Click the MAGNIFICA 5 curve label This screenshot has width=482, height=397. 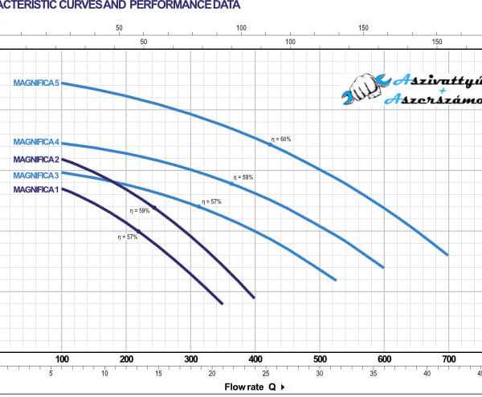tap(36, 83)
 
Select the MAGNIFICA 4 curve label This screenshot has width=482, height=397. tap(36, 144)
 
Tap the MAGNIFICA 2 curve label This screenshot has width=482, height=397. tap(36, 160)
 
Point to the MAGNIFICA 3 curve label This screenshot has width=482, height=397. tap(36, 175)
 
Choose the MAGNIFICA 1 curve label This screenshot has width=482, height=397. tap(36, 189)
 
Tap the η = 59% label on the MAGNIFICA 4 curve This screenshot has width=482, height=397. tap(243, 176)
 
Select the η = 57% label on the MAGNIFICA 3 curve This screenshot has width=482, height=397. tap(211, 201)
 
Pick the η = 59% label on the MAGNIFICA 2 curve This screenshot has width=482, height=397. tap(140, 211)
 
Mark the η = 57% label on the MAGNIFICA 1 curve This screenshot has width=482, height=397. tap(128, 237)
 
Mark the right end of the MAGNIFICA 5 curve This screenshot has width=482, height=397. tap(447, 254)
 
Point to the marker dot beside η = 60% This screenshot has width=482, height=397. tap(271, 144)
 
